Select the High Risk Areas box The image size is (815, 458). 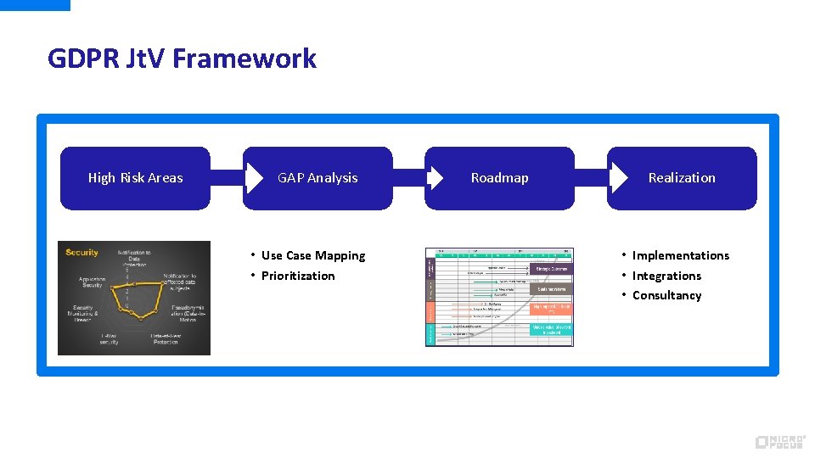pyautogui.click(x=135, y=178)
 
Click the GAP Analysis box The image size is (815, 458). pyautogui.click(x=318, y=178)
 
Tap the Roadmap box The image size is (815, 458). pyautogui.click(x=499, y=178)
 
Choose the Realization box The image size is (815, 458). pyautogui.click(x=682, y=178)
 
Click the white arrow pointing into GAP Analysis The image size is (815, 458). pyautogui.click(x=253, y=178)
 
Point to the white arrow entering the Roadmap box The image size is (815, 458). pyautogui.click(x=435, y=178)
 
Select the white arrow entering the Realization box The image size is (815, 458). pyautogui.click(x=617, y=178)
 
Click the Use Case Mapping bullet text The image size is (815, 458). pyautogui.click(x=313, y=255)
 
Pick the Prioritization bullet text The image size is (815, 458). pyautogui.click(x=298, y=276)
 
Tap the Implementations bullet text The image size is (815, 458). pyautogui.click(x=680, y=255)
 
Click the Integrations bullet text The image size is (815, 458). pyautogui.click(x=666, y=276)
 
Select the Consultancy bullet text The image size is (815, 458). pyautogui.click(x=666, y=295)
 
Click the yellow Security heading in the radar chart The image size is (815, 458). pyautogui.click(x=81, y=252)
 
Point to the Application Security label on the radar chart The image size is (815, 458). pyautogui.click(x=92, y=282)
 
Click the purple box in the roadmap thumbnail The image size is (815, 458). pyautogui.click(x=552, y=269)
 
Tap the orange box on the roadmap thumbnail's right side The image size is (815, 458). pyautogui.click(x=552, y=309)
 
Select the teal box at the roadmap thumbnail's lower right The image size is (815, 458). pyautogui.click(x=552, y=329)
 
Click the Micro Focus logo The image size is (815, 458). pyautogui.click(x=780, y=442)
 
